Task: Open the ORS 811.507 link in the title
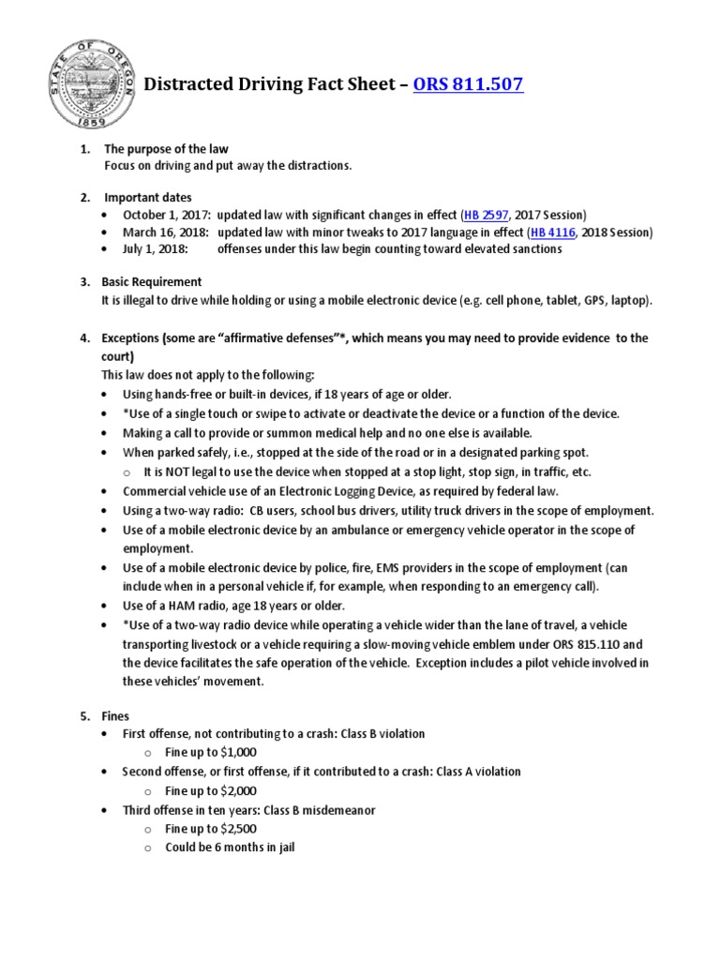(468, 85)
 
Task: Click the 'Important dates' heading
(148, 198)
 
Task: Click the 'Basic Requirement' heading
(153, 282)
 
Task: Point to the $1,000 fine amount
(236, 752)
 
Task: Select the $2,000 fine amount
(236, 790)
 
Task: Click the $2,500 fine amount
(236, 829)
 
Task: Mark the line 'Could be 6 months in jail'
(231, 847)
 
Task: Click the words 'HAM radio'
(188, 606)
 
